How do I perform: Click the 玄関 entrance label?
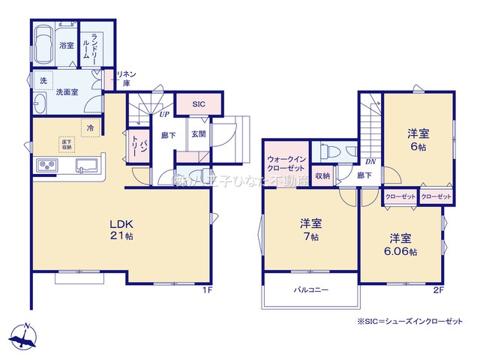(x=198, y=134)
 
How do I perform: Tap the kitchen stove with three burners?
(x=44, y=165)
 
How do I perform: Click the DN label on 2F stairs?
(x=370, y=160)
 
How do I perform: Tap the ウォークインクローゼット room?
(x=284, y=163)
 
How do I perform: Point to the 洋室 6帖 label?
(x=418, y=139)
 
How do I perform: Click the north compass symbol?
(x=25, y=337)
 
